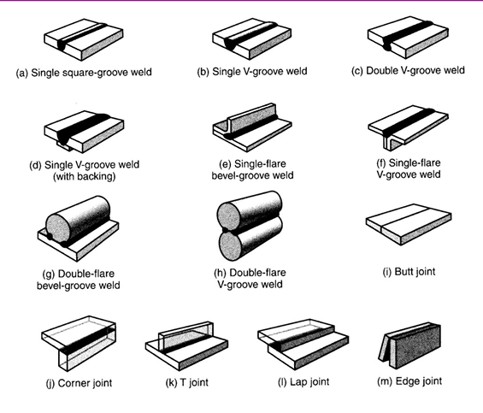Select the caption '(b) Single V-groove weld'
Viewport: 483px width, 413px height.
250,74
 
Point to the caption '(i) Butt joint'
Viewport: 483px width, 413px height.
408,271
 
